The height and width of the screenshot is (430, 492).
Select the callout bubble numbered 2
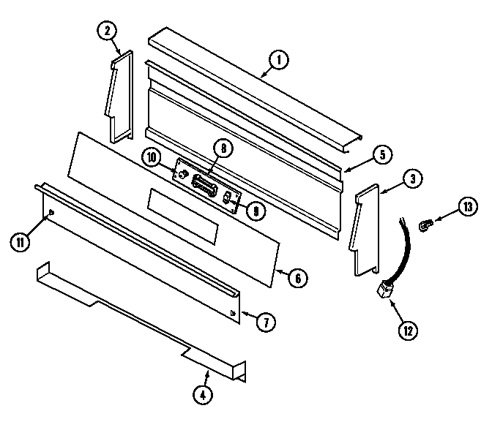tap(107, 31)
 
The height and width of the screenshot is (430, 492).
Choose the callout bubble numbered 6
tap(297, 278)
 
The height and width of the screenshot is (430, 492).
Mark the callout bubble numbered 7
tap(269, 321)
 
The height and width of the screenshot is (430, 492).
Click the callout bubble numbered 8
tap(222, 148)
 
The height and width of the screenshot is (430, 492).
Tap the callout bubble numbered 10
tap(152, 157)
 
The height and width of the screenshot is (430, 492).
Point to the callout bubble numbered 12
tap(407, 330)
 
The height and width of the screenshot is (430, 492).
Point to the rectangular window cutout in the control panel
tap(183, 216)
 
